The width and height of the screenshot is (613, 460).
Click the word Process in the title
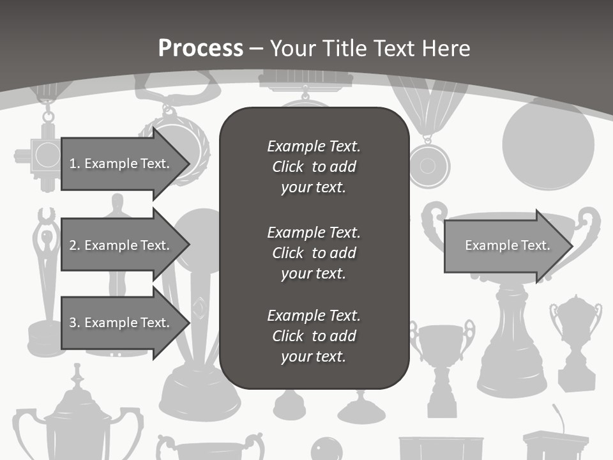[x=201, y=49]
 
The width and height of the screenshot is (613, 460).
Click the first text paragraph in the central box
[x=314, y=166]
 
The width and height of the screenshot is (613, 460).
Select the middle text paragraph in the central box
[x=314, y=252]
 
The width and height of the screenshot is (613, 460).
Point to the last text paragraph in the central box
[x=314, y=335]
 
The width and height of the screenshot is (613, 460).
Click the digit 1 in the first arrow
[x=72, y=164]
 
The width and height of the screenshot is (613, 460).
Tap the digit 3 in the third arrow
[x=72, y=323]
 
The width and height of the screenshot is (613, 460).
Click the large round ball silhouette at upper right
[x=548, y=144]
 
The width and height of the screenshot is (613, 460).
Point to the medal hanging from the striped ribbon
[x=428, y=165]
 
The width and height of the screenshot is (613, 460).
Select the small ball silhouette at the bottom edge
[x=326, y=449]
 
